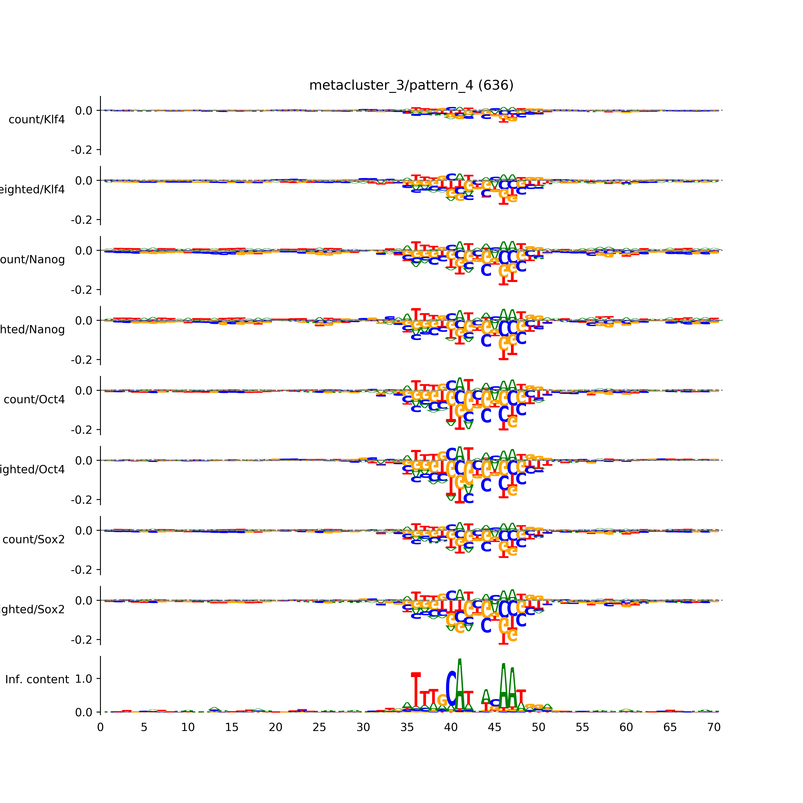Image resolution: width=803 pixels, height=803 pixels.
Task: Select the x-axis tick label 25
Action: (x=319, y=727)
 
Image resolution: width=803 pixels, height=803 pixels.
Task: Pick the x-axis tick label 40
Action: (x=451, y=727)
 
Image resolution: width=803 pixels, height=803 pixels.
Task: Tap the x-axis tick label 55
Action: (x=582, y=727)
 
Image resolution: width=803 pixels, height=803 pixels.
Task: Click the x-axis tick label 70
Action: (x=714, y=727)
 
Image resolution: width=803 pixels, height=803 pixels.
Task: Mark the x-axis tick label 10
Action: (x=188, y=727)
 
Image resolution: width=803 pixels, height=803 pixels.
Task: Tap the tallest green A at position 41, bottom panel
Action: (x=460, y=682)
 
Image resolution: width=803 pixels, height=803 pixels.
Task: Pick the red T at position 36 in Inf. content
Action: (x=416, y=690)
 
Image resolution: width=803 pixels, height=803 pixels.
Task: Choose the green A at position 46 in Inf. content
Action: (x=503, y=686)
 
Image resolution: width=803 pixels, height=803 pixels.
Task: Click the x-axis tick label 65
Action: (x=670, y=727)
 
